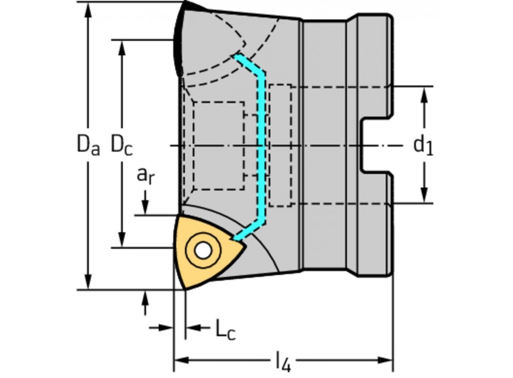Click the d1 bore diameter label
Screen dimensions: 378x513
[423, 145]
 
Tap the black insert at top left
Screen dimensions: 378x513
[180, 36]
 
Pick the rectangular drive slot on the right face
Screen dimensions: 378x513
[377, 145]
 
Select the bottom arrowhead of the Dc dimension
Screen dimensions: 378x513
[122, 240]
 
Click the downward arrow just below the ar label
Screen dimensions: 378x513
[146, 205]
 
